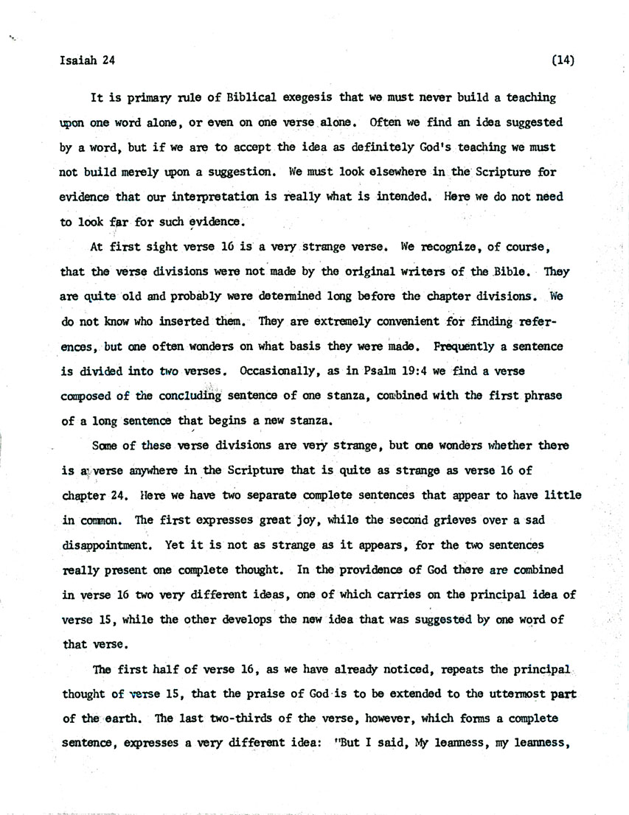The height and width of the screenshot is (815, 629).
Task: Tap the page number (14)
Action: pyautogui.click(x=563, y=60)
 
